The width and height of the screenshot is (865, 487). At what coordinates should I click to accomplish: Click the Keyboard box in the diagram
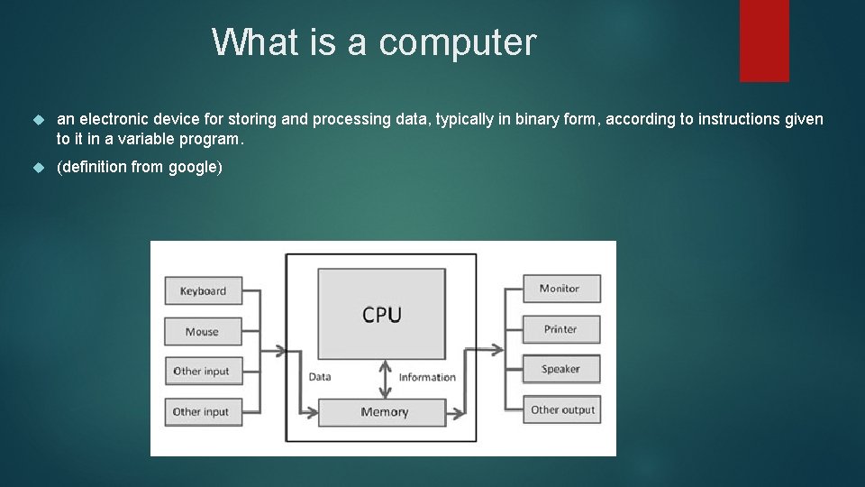pyautogui.click(x=203, y=290)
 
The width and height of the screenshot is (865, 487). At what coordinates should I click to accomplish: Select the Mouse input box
pyautogui.click(x=203, y=331)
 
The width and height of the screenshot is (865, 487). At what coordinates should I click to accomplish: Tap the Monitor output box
pyautogui.click(x=560, y=289)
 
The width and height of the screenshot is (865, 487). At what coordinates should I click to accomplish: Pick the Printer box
pyautogui.click(x=560, y=329)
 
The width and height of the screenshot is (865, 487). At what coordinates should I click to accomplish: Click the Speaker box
pyautogui.click(x=560, y=369)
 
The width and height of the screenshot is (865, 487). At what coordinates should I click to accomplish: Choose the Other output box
pyautogui.click(x=562, y=409)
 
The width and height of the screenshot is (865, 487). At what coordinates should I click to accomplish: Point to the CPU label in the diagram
pyautogui.click(x=382, y=315)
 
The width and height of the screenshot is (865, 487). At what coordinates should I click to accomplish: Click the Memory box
pyautogui.click(x=384, y=412)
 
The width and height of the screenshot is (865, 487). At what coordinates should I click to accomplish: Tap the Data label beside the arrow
pyautogui.click(x=319, y=377)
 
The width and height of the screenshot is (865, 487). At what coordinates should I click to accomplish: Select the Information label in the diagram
pyautogui.click(x=427, y=377)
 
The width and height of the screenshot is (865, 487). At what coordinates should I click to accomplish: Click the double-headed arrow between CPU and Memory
pyautogui.click(x=385, y=379)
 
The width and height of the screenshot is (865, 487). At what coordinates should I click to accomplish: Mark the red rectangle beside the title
pyautogui.click(x=764, y=40)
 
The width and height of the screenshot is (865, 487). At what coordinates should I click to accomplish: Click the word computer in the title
pyautogui.click(x=457, y=42)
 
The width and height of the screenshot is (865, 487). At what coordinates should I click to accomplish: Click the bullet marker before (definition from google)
pyautogui.click(x=38, y=168)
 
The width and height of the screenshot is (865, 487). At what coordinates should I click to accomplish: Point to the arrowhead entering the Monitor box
pyautogui.click(x=519, y=289)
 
